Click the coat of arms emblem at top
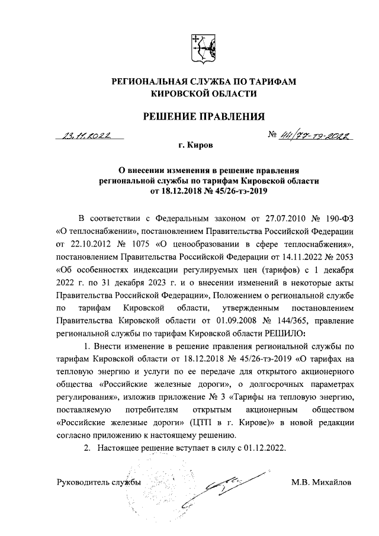[199, 47]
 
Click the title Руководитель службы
[98, 482]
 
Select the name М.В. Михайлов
[320, 482]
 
